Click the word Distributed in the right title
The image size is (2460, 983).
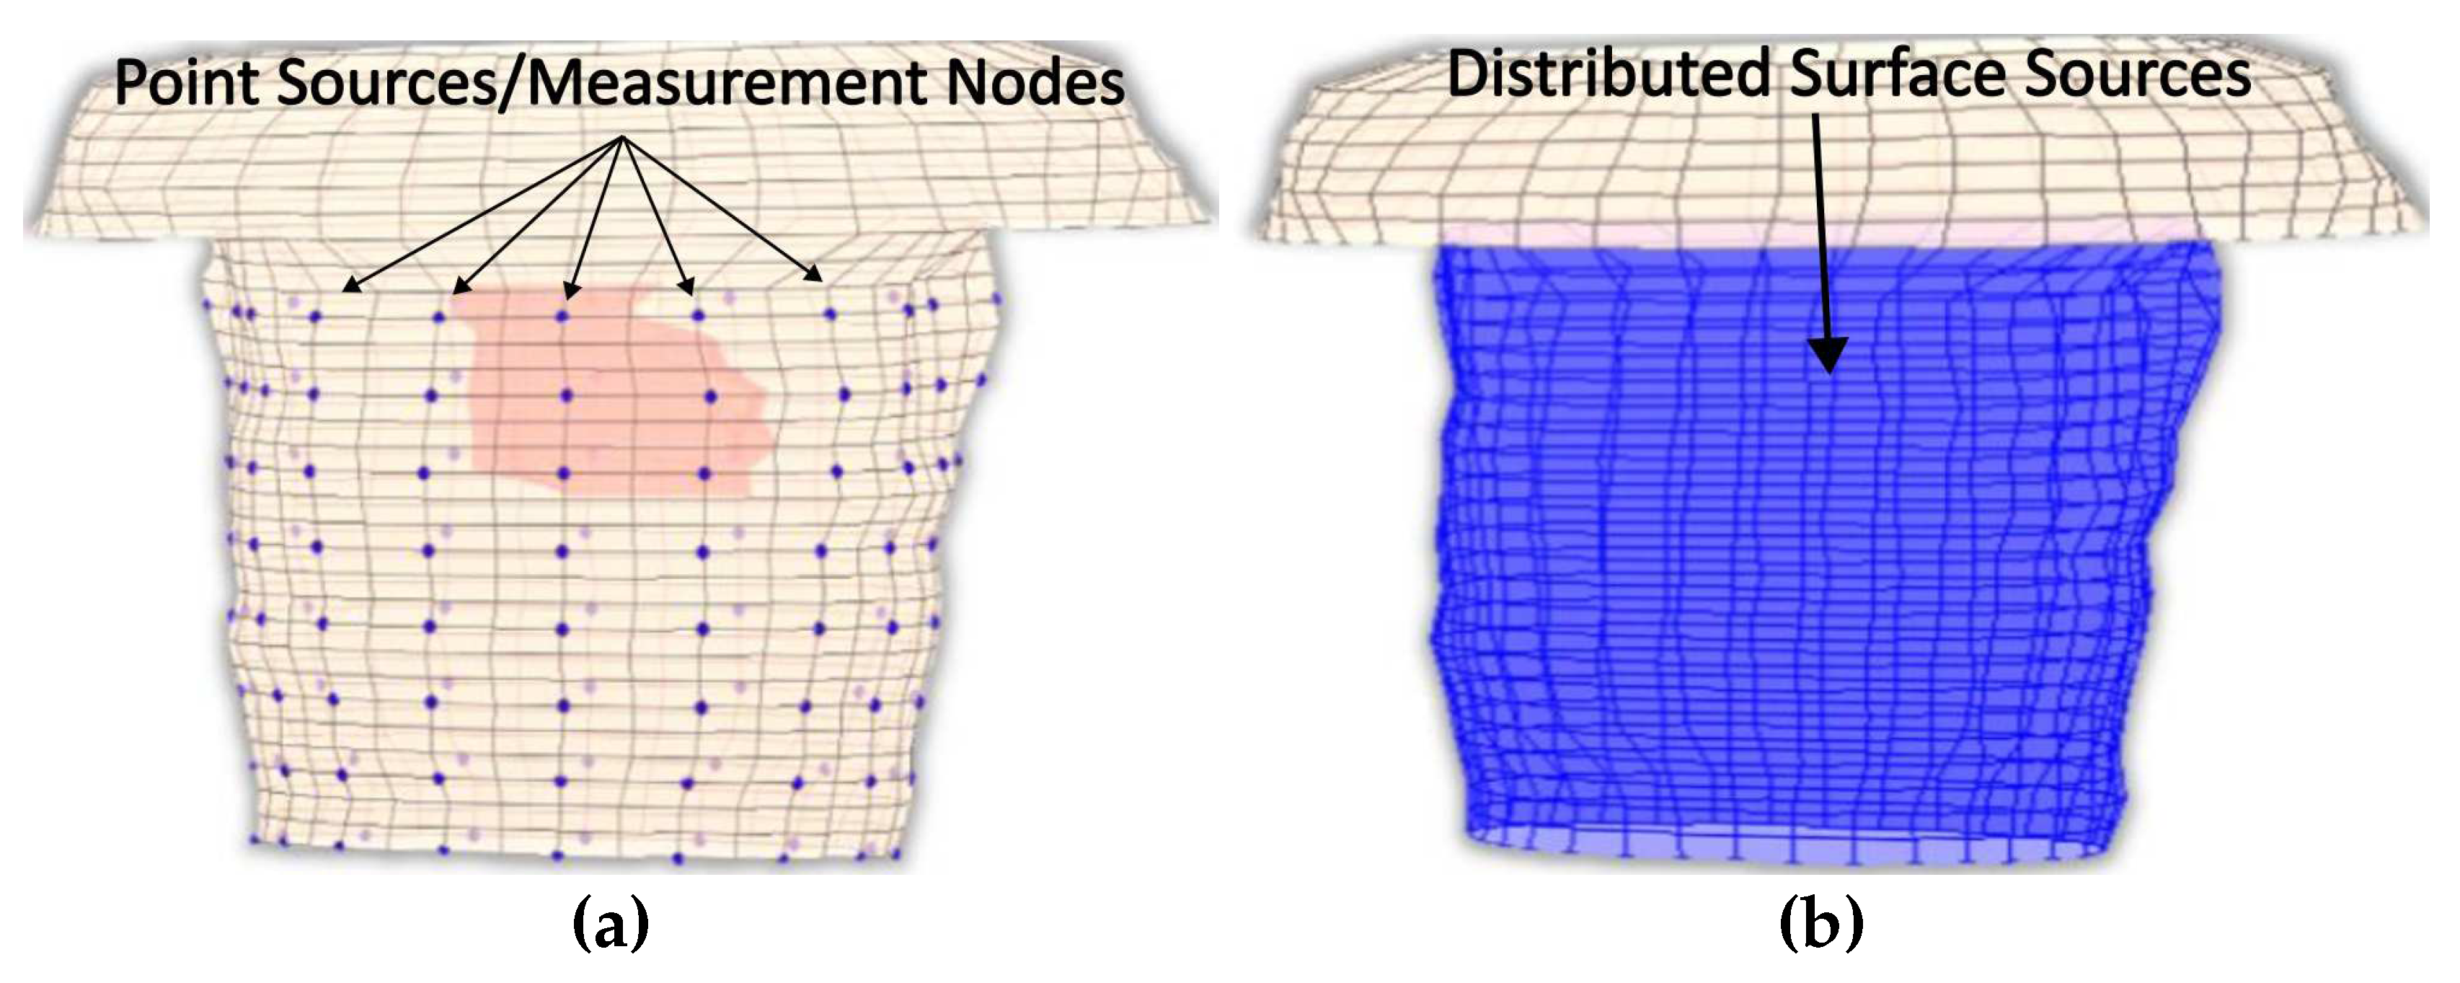1609,74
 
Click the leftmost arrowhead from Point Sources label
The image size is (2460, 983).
351,285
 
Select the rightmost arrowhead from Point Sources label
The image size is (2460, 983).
814,275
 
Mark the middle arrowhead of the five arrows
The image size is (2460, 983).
571,289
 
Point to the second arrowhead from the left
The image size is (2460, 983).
460,286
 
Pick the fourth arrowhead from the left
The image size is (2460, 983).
686,286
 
